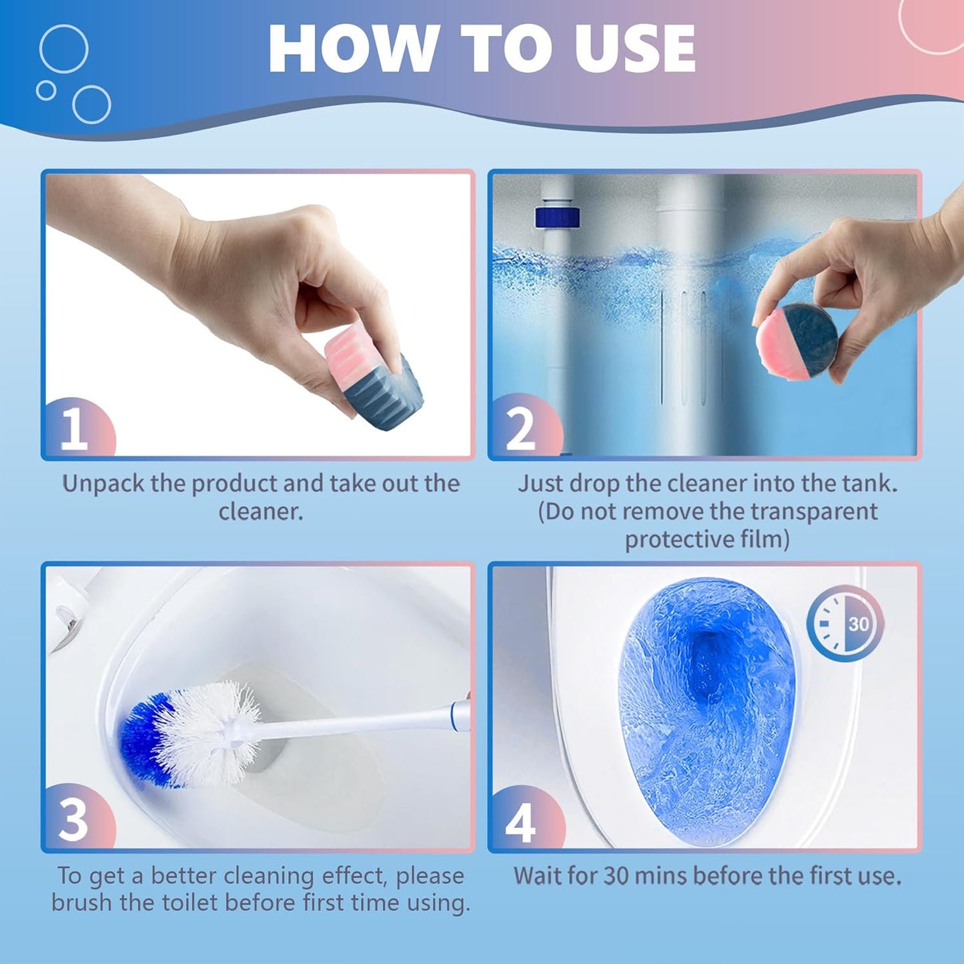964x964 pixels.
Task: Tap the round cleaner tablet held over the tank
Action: point(797,342)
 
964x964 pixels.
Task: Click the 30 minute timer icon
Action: point(845,624)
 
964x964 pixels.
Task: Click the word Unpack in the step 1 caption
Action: point(104,484)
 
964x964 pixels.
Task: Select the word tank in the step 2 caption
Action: point(867,484)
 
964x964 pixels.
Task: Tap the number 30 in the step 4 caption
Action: point(617,875)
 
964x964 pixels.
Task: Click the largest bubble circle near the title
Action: point(63,49)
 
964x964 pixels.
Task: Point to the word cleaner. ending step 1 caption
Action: point(261,512)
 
